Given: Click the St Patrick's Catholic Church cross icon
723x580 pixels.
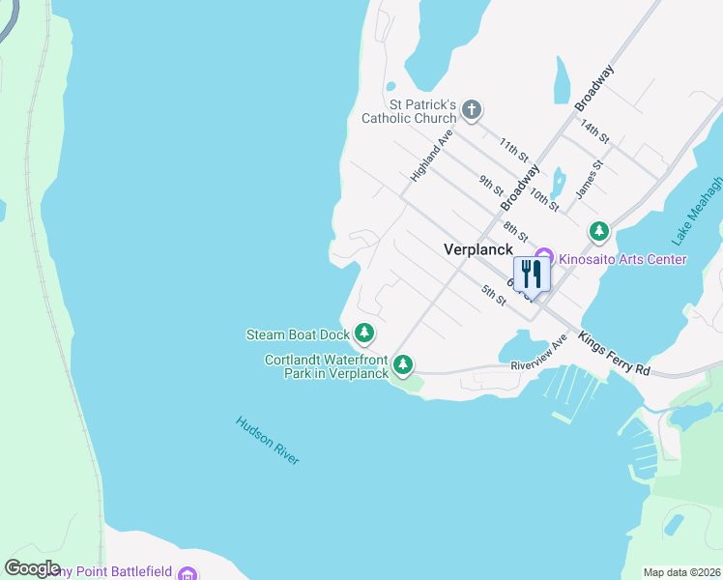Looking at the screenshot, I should point(472,108).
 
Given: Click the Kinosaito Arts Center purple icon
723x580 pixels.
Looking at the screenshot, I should point(543,257).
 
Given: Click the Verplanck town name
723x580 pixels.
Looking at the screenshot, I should point(478,249).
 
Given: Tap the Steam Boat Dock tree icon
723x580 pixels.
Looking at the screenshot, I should point(364,334).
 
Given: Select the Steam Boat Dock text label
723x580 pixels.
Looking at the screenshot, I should point(297,335).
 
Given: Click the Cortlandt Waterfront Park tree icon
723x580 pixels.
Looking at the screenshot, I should point(403,365).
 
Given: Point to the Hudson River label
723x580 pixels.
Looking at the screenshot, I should point(268,440).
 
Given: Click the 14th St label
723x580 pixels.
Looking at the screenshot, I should point(593,131).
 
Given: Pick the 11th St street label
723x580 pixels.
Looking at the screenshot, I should point(514,150).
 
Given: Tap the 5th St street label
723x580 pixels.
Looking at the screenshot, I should point(494,295).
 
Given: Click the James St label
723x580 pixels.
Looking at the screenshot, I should point(589,180).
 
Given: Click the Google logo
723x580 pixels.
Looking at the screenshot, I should point(32,568).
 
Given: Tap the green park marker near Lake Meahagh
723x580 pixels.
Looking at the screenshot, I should point(599,231).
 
